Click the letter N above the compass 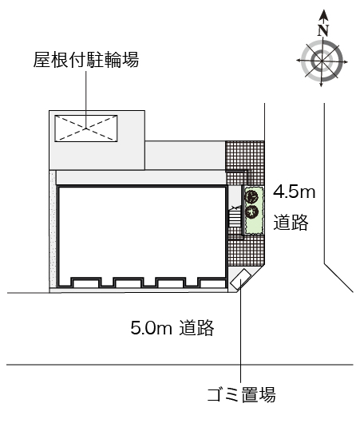click(x=323, y=30)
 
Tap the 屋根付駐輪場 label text click(x=85, y=61)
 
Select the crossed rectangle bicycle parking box click(x=85, y=126)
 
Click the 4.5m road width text click(x=295, y=192)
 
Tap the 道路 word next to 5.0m click(x=196, y=327)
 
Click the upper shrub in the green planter click(x=252, y=196)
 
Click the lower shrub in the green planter click(x=252, y=211)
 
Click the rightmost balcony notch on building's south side click(x=210, y=282)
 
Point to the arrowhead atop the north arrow click(x=323, y=14)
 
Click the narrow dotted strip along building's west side click(x=53, y=231)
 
